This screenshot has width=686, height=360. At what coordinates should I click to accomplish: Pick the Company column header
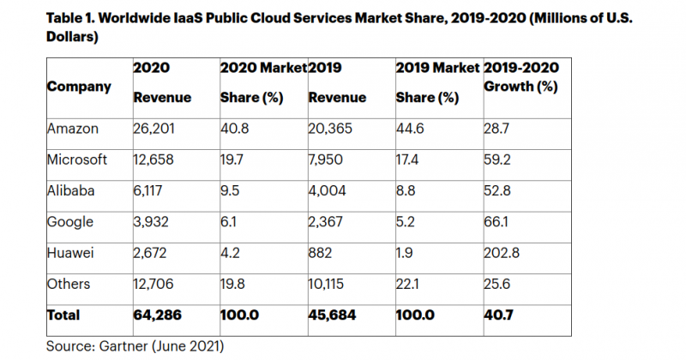pyautogui.click(x=79, y=87)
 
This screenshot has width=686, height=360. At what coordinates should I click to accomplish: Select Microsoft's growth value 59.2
pyautogui.click(x=498, y=159)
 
